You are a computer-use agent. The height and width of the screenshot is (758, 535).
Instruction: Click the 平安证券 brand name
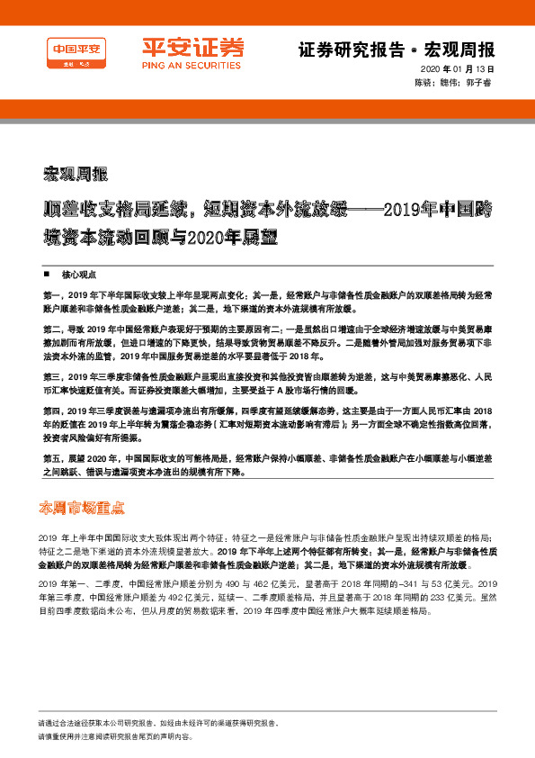pyautogui.click(x=192, y=47)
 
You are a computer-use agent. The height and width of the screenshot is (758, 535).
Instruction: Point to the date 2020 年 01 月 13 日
pyautogui.click(x=457, y=70)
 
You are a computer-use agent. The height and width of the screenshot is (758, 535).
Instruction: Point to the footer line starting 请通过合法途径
pyautogui.click(x=180, y=724)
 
